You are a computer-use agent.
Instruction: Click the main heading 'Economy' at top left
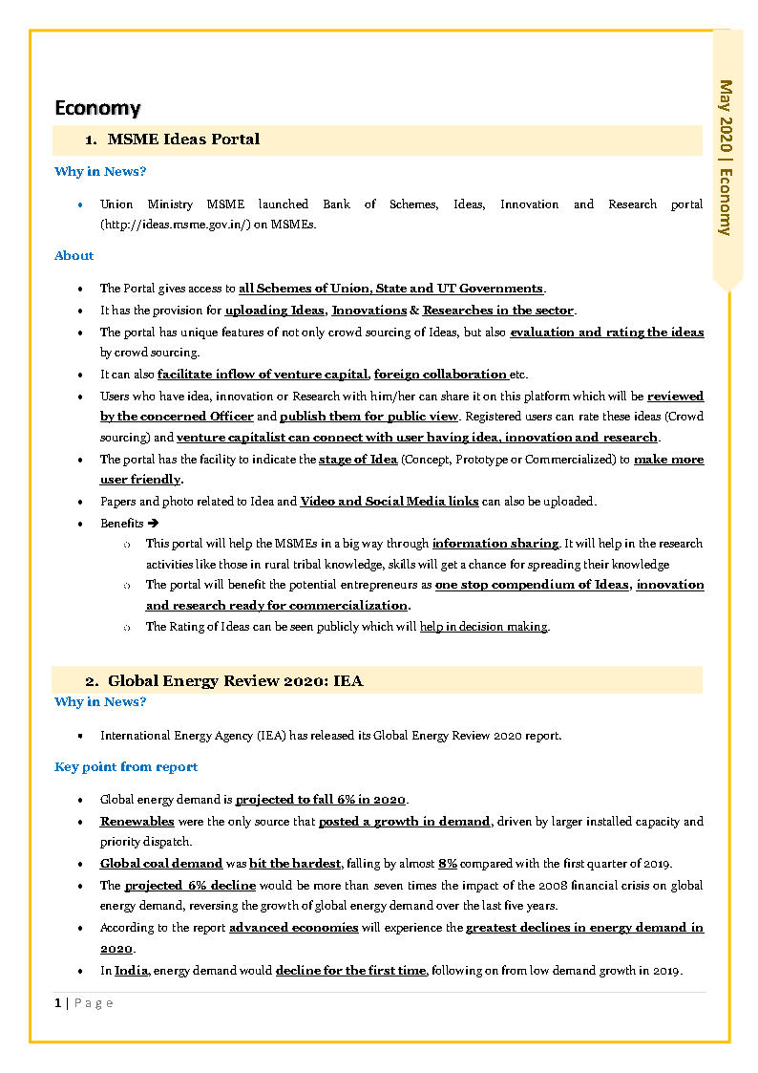pos(97,107)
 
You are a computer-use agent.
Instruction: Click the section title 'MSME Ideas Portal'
pos(183,139)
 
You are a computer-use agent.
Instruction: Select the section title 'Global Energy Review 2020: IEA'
pos(235,681)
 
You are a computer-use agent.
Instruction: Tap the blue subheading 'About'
pos(74,255)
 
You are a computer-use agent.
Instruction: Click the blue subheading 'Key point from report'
pos(126,767)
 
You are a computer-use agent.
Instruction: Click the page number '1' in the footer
pos(58,1002)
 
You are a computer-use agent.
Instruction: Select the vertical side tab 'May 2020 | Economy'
pos(726,158)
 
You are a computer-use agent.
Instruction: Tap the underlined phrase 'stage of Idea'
pos(357,460)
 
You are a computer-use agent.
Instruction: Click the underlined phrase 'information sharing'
pos(495,544)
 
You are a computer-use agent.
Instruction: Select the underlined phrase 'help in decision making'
pos(484,627)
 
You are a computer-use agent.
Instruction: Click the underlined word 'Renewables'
pos(137,822)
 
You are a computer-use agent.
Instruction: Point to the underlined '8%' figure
pos(448,864)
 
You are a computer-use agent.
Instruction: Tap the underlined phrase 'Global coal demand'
pos(161,864)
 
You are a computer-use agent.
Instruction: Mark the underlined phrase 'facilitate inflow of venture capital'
pos(263,375)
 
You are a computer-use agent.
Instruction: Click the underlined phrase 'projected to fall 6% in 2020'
pos(321,800)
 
